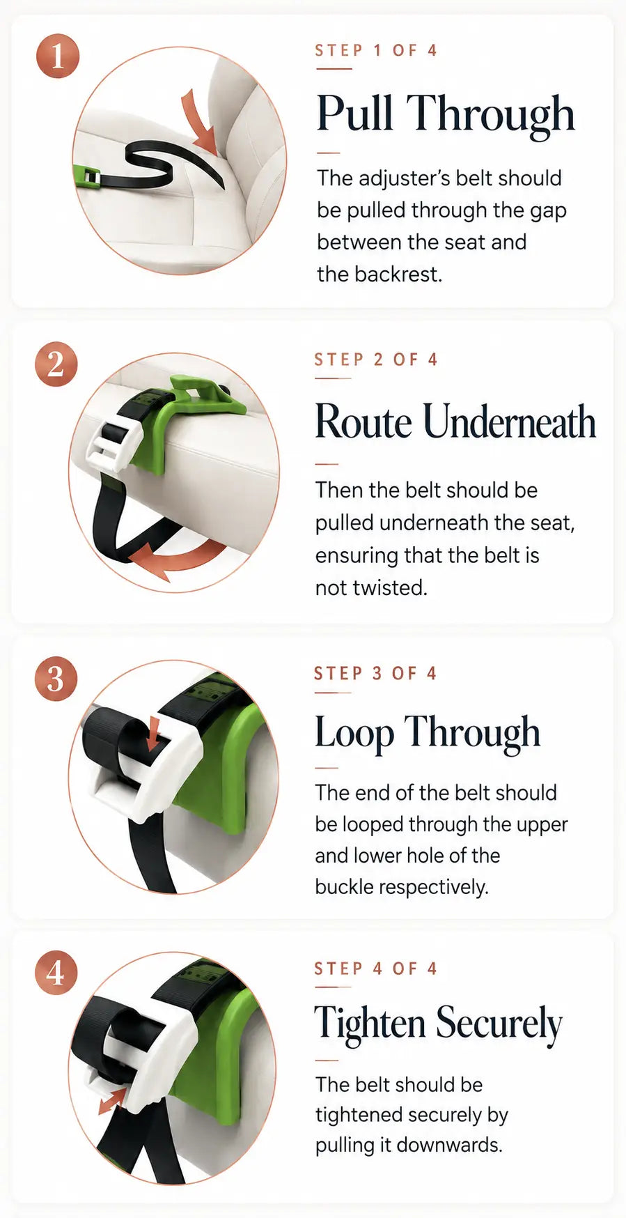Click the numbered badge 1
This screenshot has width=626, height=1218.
pos(57,56)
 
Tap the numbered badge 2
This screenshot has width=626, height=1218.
pos(56,364)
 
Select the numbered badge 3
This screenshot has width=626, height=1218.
pos(56,679)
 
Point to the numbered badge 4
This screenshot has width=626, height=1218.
pos(56,973)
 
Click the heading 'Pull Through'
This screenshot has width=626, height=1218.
pos(446,114)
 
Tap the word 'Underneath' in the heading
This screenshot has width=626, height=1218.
pos(509,422)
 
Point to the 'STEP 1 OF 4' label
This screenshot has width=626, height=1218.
pos(376,50)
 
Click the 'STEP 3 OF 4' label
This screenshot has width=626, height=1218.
pos(375,673)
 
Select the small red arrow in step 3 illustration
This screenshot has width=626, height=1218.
pos(154,733)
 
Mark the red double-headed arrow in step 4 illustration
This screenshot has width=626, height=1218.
pos(111,1101)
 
